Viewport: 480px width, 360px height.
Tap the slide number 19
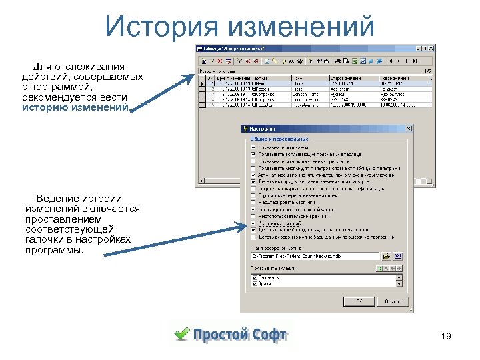(x=446, y=337)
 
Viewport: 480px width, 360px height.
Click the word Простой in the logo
(x=220, y=335)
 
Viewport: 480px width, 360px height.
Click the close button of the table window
(x=432, y=48)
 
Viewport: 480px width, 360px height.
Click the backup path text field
(x=313, y=255)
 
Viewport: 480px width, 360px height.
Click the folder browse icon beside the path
(x=386, y=255)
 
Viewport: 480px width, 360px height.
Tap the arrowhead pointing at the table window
(x=190, y=77)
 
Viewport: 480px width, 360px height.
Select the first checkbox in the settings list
(x=253, y=147)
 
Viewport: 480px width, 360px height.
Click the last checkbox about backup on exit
(x=253, y=237)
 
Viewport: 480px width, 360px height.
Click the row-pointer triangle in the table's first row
(x=203, y=84)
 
